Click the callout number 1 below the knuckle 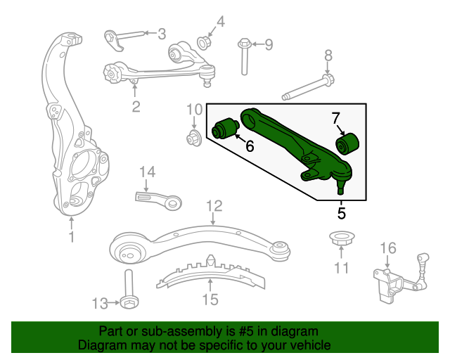tap(72, 237)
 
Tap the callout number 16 tap(388, 248)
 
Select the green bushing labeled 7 tap(347, 143)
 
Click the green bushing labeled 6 tap(226, 129)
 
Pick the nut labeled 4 tap(204, 42)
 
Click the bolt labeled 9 tap(244, 56)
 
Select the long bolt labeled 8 tap(308, 87)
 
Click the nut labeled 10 tap(194, 138)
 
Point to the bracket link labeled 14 tap(158, 200)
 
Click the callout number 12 tap(214, 206)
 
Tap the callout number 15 tap(210, 299)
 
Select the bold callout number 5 tap(342, 213)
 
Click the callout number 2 tap(136, 106)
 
